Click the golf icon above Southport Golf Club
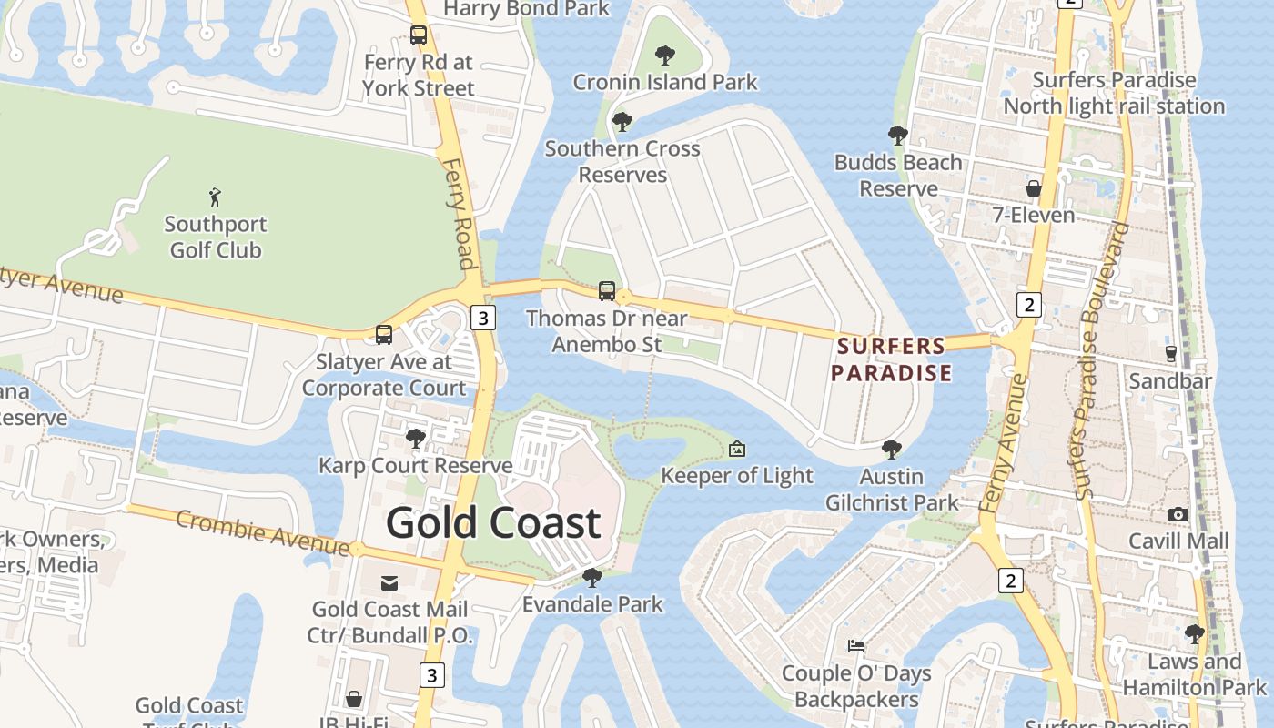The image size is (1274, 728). pos(215,197)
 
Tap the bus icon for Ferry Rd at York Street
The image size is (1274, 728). pos(419,35)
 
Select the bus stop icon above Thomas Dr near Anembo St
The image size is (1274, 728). pos(607,291)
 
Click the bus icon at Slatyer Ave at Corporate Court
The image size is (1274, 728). pos(384,334)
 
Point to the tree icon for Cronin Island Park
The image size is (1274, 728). pos(665,56)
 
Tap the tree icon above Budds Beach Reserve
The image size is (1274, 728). pos(898,136)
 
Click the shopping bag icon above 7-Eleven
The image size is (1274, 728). pos(1034,188)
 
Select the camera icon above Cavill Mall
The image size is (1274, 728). pos(1178,514)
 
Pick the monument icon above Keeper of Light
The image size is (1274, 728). pos(737,449)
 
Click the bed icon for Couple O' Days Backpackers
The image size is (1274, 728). pos(856,646)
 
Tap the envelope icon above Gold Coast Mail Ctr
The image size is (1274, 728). pos(389,582)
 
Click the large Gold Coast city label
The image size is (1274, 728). pos(493,522)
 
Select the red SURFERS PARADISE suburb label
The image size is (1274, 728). pos(891,359)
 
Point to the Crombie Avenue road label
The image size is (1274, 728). pos(262,532)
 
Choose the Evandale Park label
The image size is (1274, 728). pos(592,604)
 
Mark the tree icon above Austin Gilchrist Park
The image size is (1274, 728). pos(892,450)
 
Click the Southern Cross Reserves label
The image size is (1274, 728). pos(622,161)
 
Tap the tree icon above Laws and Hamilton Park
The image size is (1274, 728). pos(1195,634)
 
